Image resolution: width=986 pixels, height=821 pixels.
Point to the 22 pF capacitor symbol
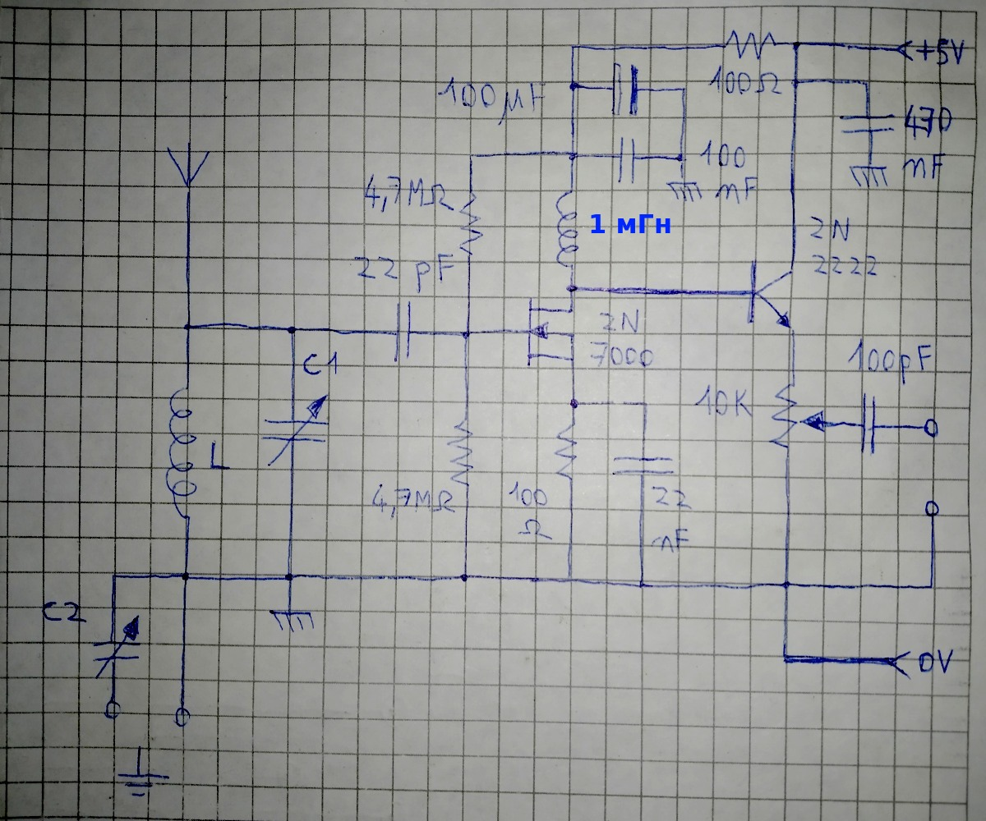(403, 333)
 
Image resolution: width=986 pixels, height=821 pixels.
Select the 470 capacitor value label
(927, 123)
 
